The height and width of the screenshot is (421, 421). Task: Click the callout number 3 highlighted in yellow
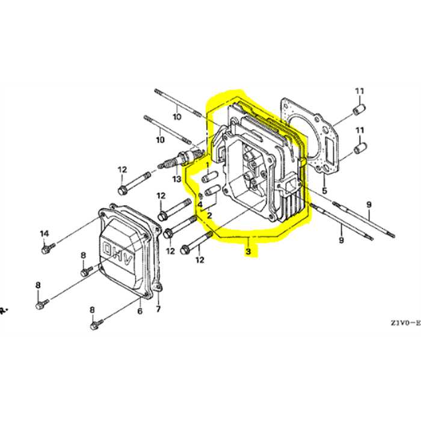click(x=248, y=251)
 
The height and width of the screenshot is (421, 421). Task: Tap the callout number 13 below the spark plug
click(x=177, y=179)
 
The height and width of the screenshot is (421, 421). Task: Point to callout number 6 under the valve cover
click(x=140, y=311)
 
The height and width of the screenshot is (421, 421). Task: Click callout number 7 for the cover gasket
click(x=158, y=309)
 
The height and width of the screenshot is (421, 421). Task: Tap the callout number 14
click(x=45, y=233)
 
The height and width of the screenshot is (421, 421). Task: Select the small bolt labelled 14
click(x=48, y=248)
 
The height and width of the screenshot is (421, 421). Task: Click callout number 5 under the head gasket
click(x=325, y=191)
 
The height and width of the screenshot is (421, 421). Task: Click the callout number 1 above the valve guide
click(x=207, y=164)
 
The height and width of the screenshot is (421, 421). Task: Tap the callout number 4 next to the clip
click(x=200, y=204)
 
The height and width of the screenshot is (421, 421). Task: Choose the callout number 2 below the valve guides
click(x=209, y=215)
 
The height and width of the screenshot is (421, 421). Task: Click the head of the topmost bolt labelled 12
click(x=122, y=191)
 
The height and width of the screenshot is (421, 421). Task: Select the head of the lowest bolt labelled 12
click(x=185, y=250)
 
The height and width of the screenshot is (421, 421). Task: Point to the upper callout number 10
click(x=177, y=117)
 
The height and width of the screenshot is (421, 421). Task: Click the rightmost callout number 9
click(x=369, y=204)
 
